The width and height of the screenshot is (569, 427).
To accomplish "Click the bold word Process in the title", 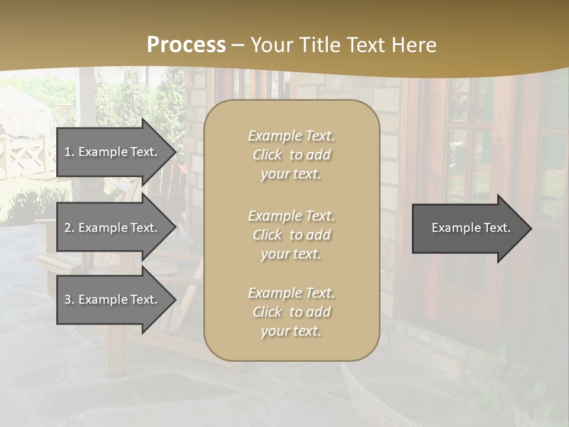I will pos(186,45).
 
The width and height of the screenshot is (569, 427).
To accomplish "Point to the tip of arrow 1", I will pos(175,152).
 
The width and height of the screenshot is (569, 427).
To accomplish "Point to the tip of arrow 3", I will pos(175,299).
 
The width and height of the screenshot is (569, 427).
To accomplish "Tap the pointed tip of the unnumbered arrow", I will pos(530,228).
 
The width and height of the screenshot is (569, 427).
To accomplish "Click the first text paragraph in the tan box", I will pos(291,155).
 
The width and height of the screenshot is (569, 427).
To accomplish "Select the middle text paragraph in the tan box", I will pos(291,235).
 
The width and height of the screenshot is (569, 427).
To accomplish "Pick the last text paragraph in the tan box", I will pos(291,312).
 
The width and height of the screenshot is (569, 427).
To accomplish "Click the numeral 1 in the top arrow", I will pos(68,152).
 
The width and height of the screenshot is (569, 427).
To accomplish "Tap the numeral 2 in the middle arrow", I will pos(68,228).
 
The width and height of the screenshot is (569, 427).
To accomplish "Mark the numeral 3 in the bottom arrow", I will pos(68,299).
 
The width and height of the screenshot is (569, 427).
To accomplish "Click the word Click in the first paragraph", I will pos(267,155).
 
